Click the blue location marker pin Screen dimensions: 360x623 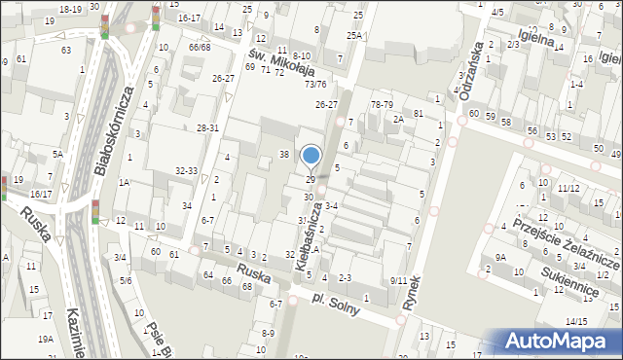click(311, 156)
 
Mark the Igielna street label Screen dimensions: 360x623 click(536, 36)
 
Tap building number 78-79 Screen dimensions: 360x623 click(382, 104)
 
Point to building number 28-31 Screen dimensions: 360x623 click(207, 128)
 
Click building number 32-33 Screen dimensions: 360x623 click(187, 170)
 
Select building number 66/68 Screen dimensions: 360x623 click(200, 47)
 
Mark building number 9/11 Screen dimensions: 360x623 click(399, 281)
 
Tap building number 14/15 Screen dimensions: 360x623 click(575, 321)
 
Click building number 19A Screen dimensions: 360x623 click(46, 339)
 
